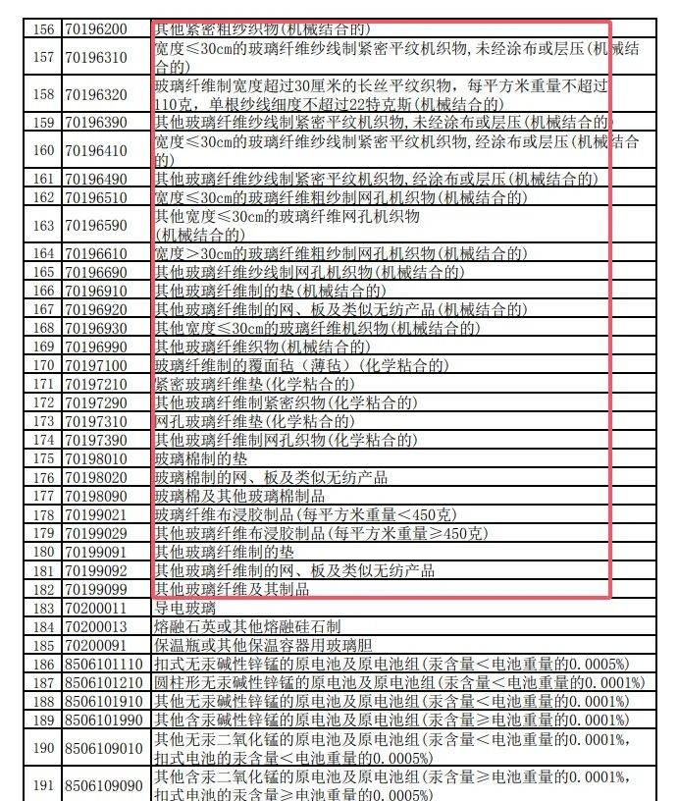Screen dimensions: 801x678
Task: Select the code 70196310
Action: click(x=96, y=58)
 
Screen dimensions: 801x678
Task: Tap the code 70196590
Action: click(x=96, y=225)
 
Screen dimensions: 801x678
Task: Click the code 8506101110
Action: click(x=104, y=665)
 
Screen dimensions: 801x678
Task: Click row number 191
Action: click(x=43, y=785)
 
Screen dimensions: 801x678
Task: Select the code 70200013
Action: click(x=96, y=626)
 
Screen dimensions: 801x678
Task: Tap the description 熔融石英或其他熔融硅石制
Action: click(x=247, y=626)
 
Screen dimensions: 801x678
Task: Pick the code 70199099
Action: click(x=96, y=589)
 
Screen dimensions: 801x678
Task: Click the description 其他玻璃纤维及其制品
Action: click(x=232, y=589)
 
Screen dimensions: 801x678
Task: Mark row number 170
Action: click(x=43, y=365)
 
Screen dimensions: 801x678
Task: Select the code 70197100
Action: click(x=96, y=365)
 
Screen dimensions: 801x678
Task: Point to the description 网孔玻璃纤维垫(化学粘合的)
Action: click(x=255, y=421)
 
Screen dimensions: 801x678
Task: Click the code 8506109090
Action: click(x=104, y=785)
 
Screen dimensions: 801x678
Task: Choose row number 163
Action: click(x=43, y=225)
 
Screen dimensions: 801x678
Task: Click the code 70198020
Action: click(x=96, y=477)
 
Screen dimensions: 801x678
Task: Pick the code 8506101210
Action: click(x=104, y=682)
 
